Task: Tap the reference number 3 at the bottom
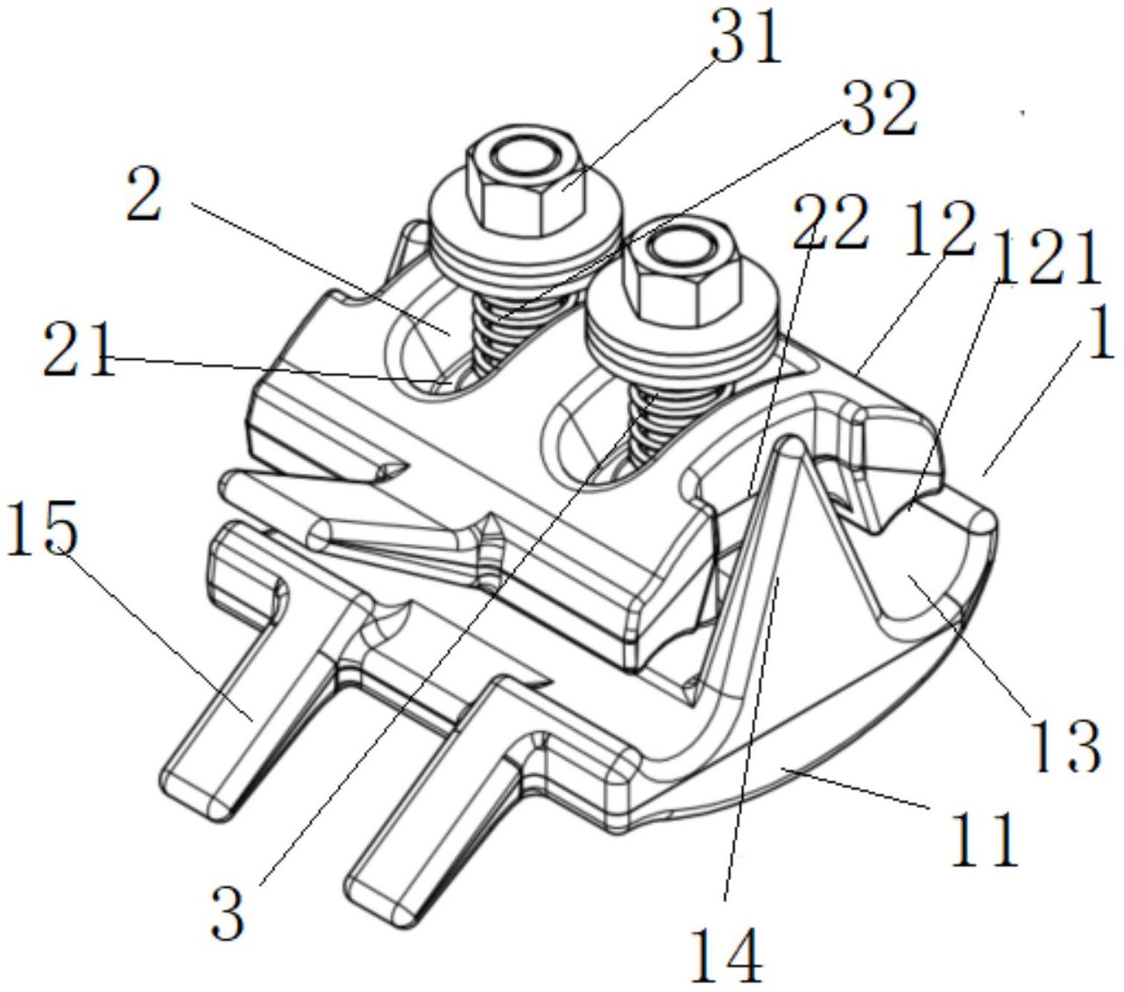(x=229, y=911)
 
